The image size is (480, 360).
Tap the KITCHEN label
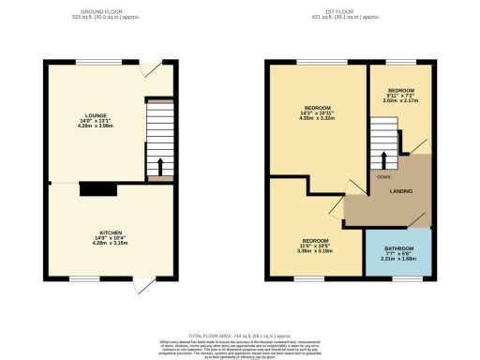[x=112, y=231]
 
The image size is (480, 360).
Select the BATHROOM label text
[x=398, y=248]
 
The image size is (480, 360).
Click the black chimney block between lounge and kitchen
[x=98, y=189]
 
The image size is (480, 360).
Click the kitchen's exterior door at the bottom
[x=142, y=286]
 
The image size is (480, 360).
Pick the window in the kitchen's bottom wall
[x=84, y=278]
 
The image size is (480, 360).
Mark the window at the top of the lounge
[x=89, y=62]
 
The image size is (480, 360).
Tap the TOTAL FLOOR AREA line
[x=239, y=335]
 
